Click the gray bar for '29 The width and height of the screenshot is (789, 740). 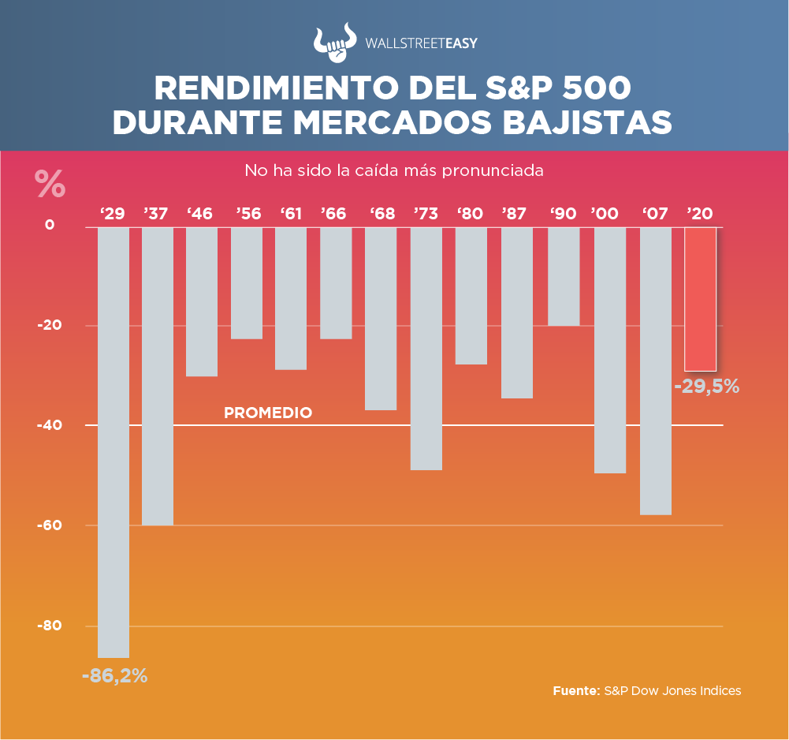click(114, 442)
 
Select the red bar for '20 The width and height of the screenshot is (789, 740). click(700, 299)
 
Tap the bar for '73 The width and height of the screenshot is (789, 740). click(426, 348)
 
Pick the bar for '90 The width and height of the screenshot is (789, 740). click(564, 276)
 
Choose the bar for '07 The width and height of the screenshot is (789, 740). click(656, 371)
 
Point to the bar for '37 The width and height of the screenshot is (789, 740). click(158, 376)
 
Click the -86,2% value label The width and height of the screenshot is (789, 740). click(115, 676)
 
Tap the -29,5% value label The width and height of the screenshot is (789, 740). click(707, 387)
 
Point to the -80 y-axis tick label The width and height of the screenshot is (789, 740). click(50, 626)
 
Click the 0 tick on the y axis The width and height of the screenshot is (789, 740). click(50, 225)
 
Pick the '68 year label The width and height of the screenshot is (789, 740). click(382, 213)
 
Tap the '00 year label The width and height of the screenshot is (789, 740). click(605, 213)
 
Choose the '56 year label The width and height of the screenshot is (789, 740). click(248, 213)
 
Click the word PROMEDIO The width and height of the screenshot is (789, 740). click(268, 413)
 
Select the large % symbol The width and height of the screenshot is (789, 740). click(50, 184)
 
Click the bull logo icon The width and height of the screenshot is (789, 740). click(334, 43)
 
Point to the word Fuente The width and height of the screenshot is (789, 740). click(576, 690)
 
